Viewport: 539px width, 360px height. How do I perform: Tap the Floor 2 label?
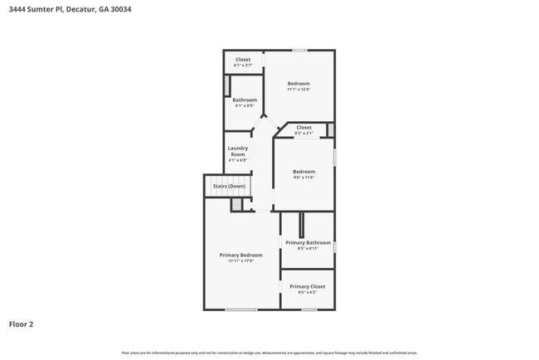tap(22, 324)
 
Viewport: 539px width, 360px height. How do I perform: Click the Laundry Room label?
tap(238, 152)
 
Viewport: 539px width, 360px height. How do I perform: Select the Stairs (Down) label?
tap(229, 187)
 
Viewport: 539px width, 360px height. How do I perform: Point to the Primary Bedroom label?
tap(240, 255)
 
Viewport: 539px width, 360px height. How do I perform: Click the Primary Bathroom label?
tap(308, 242)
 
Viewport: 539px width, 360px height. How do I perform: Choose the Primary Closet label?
tap(307, 286)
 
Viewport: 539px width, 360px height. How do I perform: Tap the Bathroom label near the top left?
tap(245, 100)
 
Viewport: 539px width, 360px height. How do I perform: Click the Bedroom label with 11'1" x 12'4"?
tap(299, 83)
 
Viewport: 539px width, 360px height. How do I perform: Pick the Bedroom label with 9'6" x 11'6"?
tap(303, 172)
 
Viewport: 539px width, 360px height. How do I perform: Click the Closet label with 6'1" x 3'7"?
tap(243, 60)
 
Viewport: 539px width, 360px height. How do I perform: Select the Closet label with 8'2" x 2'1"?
tap(303, 127)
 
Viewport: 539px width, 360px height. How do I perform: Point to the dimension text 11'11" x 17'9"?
tap(240, 260)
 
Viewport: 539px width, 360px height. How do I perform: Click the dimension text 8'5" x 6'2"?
tap(307, 292)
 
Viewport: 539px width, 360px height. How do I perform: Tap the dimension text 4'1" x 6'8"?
tap(238, 160)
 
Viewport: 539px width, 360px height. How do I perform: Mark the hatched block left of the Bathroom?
tap(227, 86)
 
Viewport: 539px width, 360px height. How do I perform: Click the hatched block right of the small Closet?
tap(330, 129)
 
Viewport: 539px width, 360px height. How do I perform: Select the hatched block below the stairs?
tap(236, 204)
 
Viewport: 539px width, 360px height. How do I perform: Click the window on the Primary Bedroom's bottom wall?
tap(241, 310)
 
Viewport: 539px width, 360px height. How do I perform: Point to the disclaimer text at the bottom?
tap(269, 353)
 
